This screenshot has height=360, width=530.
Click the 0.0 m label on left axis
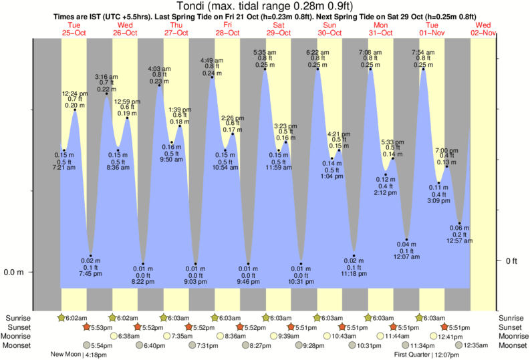pos(15,273)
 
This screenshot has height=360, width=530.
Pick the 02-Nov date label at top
pos(483,32)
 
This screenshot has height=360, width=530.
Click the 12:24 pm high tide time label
pos(74,93)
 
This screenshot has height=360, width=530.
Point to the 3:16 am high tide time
pos(107,77)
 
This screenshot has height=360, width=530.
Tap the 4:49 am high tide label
pos(213,61)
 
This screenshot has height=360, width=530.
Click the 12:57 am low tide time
pos(460,240)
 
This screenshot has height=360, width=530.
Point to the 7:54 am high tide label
pos(423,52)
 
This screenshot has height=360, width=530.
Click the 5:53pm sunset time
pos(98,327)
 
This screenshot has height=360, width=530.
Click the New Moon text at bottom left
pos(65,355)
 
